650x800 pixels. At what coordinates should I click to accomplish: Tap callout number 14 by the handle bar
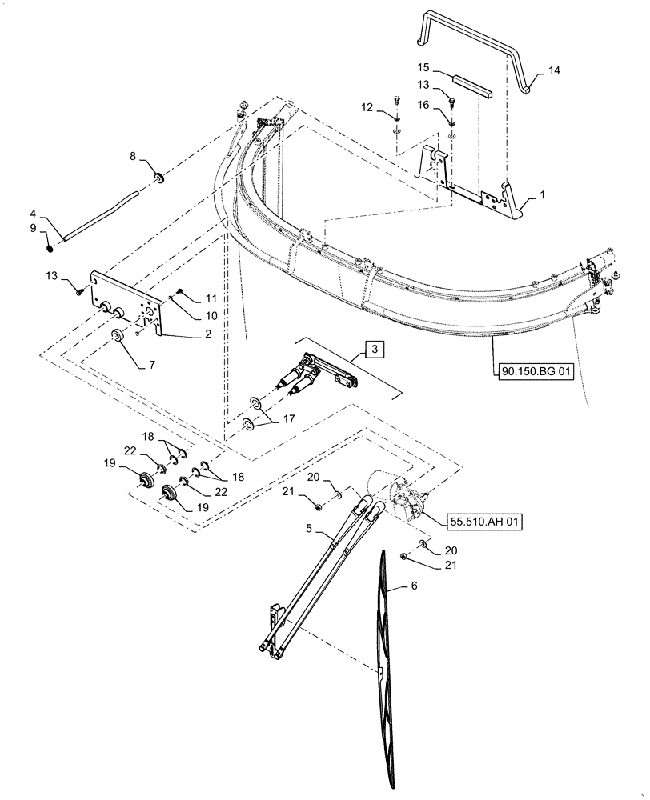coord(553,71)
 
